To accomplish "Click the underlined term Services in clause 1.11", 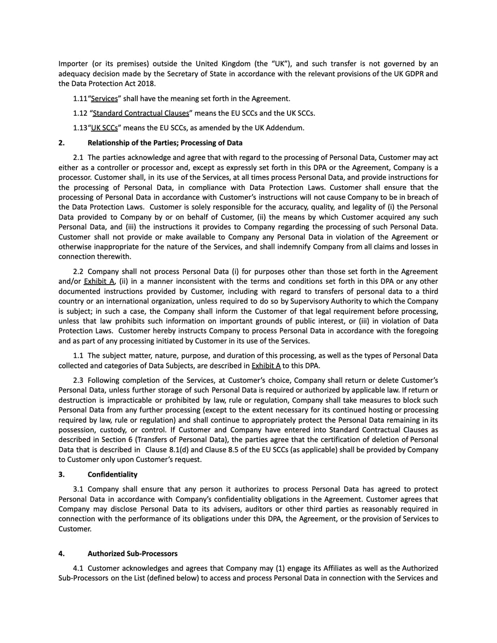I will pos(104,99).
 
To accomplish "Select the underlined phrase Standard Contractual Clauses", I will pos(141,113).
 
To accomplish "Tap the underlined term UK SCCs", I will pos(104,128).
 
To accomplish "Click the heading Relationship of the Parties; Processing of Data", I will pos(165,143).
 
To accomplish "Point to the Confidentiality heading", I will pos(112,475).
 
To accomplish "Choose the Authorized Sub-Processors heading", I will pos(132,554).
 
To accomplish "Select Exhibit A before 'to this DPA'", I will pos(266,366).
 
